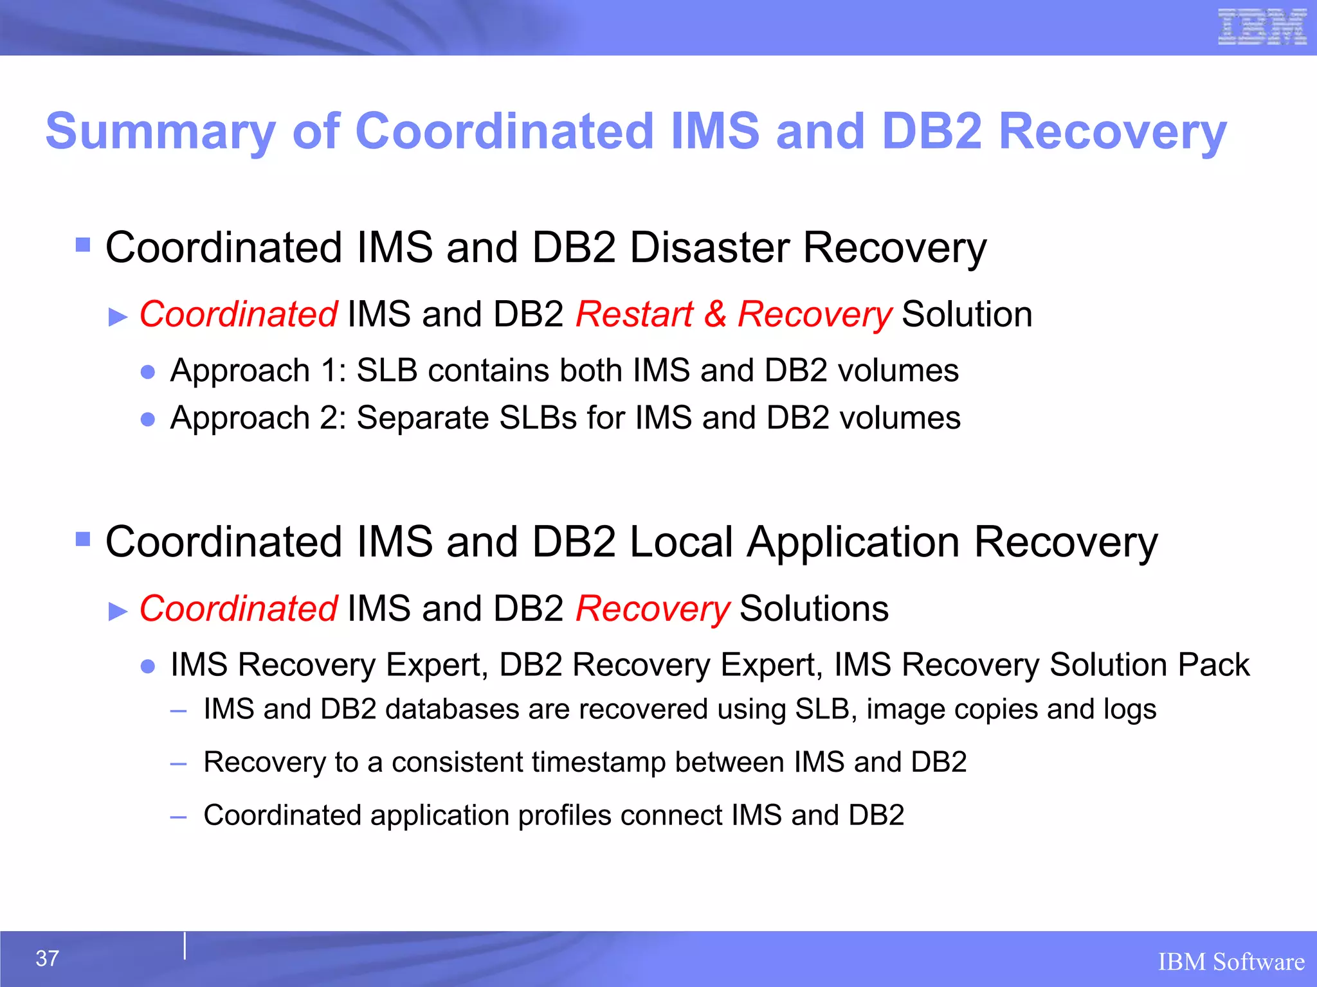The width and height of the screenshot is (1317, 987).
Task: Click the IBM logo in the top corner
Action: point(1262,27)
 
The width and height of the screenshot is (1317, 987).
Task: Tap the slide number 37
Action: point(47,958)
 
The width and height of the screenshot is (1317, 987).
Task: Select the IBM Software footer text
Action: point(1231,962)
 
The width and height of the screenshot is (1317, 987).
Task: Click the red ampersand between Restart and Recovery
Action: point(714,315)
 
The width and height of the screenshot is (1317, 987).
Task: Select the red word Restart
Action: point(634,315)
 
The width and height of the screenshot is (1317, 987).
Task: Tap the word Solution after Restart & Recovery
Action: point(967,315)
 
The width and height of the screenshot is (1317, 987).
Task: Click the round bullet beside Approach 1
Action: point(148,372)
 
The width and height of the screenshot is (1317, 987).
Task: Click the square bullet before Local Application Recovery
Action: point(83,538)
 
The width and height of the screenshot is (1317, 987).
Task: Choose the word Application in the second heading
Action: point(853,543)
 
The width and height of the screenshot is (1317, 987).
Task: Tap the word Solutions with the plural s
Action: point(814,609)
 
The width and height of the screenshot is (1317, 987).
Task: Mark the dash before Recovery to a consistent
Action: point(178,764)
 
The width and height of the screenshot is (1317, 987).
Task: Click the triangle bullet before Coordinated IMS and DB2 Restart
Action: point(118,317)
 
